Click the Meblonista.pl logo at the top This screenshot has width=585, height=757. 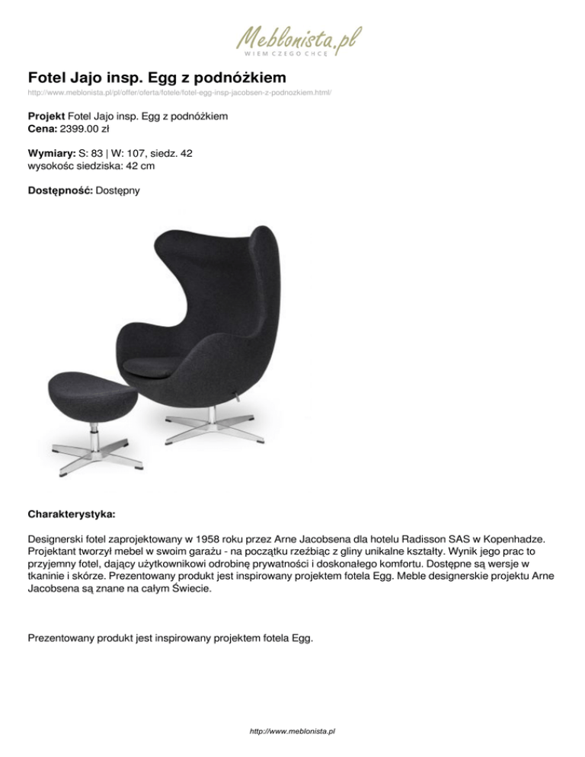(298, 37)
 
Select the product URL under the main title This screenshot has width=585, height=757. (179, 92)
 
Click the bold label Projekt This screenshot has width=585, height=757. (46, 117)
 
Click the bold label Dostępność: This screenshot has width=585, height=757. (60, 190)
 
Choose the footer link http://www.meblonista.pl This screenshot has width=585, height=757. (293, 731)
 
